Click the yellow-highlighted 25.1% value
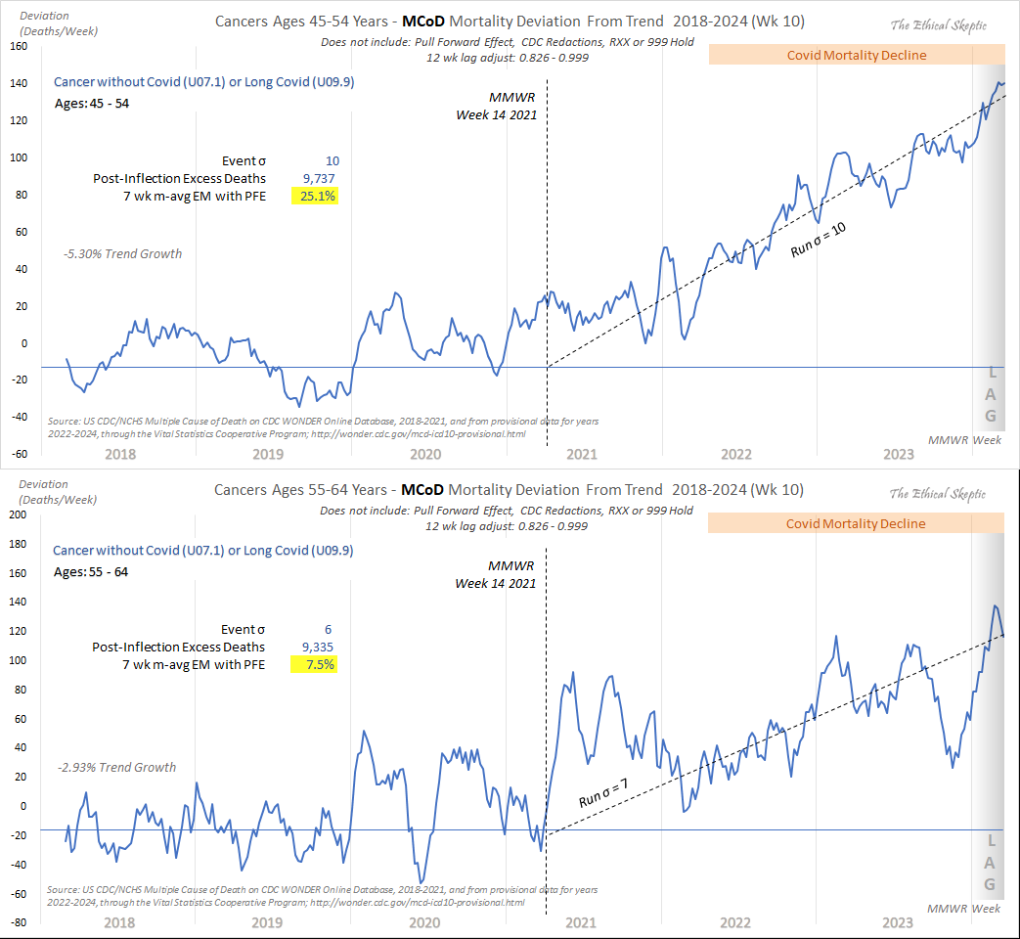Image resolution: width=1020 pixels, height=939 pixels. [314, 197]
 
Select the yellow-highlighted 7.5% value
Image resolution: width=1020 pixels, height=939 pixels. [314, 664]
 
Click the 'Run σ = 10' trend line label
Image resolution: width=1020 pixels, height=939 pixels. [819, 238]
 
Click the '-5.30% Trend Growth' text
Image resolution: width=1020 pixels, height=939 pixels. [123, 254]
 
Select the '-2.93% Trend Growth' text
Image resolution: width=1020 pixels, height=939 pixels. [117, 767]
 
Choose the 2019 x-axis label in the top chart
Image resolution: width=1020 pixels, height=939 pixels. [268, 454]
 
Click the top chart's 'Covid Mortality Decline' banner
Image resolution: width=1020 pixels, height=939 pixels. [856, 55]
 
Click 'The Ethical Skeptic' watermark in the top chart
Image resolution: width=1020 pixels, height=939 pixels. [937, 25]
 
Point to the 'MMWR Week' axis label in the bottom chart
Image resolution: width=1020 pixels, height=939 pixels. [963, 909]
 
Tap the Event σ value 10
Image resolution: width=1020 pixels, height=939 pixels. [333, 160]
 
